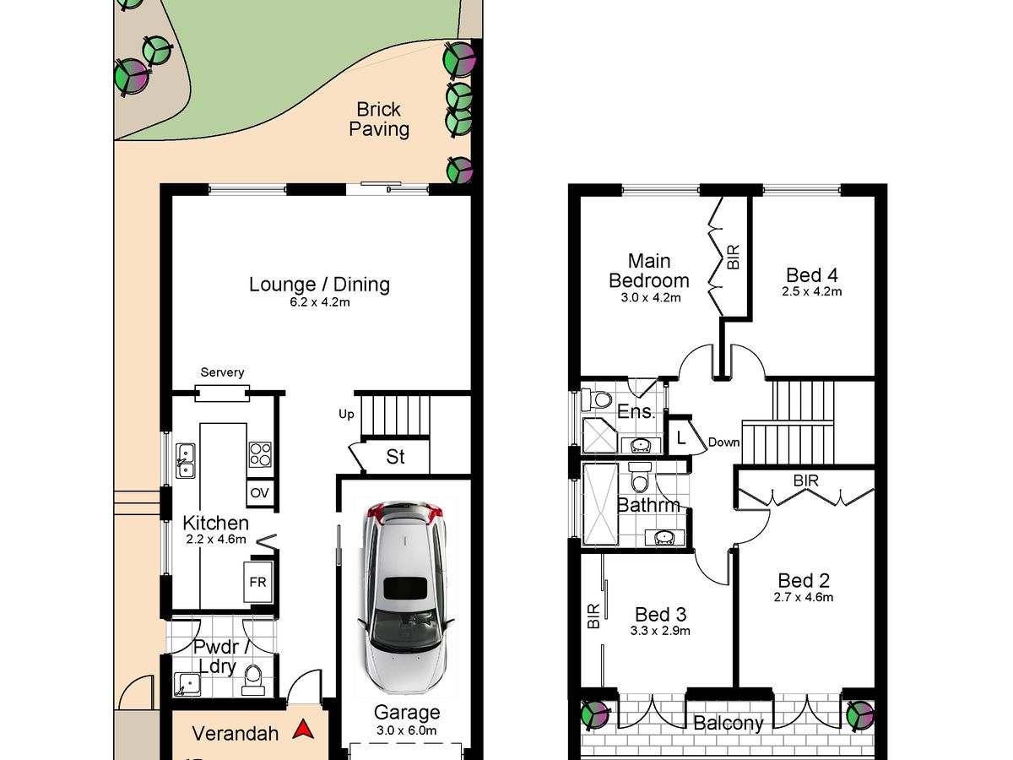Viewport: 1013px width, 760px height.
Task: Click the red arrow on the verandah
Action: tap(304, 730)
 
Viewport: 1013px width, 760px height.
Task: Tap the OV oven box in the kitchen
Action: tap(260, 493)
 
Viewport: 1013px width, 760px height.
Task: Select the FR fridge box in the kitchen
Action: tap(258, 582)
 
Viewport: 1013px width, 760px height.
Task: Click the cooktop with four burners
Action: tap(260, 454)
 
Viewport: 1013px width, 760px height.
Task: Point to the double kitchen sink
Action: tap(186, 460)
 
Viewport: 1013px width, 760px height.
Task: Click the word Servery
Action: tap(222, 372)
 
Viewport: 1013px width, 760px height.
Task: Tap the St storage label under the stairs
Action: tap(396, 457)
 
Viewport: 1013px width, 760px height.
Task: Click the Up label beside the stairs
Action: tap(346, 415)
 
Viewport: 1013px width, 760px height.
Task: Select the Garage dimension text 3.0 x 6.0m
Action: tap(406, 730)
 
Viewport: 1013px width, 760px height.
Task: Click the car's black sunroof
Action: tap(406, 589)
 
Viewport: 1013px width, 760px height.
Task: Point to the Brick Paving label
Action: tap(379, 120)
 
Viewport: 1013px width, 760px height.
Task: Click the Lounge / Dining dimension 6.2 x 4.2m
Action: tap(319, 302)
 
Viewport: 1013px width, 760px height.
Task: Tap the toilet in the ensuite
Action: tap(596, 399)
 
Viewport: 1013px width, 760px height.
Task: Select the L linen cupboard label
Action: tap(681, 438)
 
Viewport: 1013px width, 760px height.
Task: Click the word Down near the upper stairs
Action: tap(723, 442)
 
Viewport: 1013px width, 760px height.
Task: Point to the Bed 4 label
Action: tap(812, 275)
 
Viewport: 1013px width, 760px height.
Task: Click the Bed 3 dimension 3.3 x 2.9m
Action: tap(660, 630)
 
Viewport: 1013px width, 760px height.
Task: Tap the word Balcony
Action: tap(729, 723)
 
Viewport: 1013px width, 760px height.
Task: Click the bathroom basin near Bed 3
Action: tap(664, 537)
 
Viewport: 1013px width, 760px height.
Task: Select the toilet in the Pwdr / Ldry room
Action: tap(253, 681)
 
